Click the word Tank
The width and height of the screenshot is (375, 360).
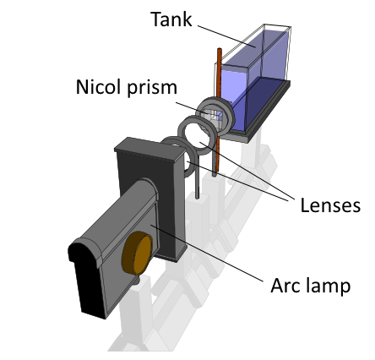171,19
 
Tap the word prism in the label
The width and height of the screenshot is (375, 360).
152,88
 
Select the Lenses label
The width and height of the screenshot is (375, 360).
330,205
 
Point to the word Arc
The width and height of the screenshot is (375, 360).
285,286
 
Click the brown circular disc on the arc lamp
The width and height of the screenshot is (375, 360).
137,254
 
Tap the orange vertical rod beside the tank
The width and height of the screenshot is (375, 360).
218,112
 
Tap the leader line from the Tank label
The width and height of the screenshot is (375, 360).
226,36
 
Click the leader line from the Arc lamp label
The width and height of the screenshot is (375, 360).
207,253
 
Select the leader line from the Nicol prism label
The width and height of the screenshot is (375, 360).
193,108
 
